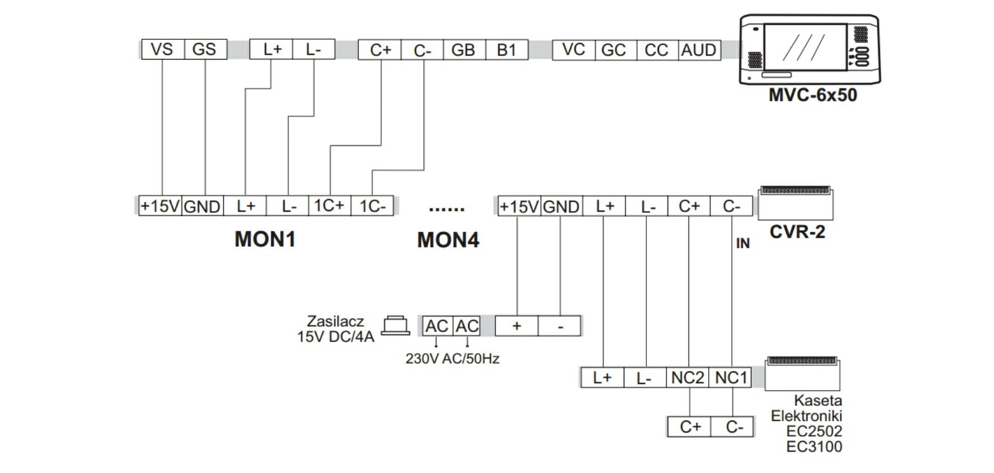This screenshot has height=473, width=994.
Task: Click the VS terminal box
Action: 163,49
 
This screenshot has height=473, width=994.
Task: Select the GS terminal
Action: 205,49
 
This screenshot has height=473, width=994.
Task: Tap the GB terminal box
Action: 464,50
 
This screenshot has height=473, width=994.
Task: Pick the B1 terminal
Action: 507,50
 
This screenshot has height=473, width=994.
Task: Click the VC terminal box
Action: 573,50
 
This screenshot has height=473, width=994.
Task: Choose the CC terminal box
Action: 657,50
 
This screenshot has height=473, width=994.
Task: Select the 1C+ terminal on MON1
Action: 329,206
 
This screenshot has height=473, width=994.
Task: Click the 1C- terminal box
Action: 372,206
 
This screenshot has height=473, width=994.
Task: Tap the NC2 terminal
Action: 687,378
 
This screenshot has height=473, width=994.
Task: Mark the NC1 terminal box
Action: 730,378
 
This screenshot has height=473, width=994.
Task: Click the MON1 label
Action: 265,239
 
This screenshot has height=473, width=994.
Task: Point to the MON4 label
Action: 448,240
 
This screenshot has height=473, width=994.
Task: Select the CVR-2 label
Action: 797,232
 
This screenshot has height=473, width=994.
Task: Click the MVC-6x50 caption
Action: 812,95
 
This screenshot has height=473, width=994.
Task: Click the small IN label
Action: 743,243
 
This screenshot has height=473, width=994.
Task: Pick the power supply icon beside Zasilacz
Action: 396,326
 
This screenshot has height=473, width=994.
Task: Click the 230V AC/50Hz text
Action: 452,359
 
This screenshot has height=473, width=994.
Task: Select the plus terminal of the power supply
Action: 517,326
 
